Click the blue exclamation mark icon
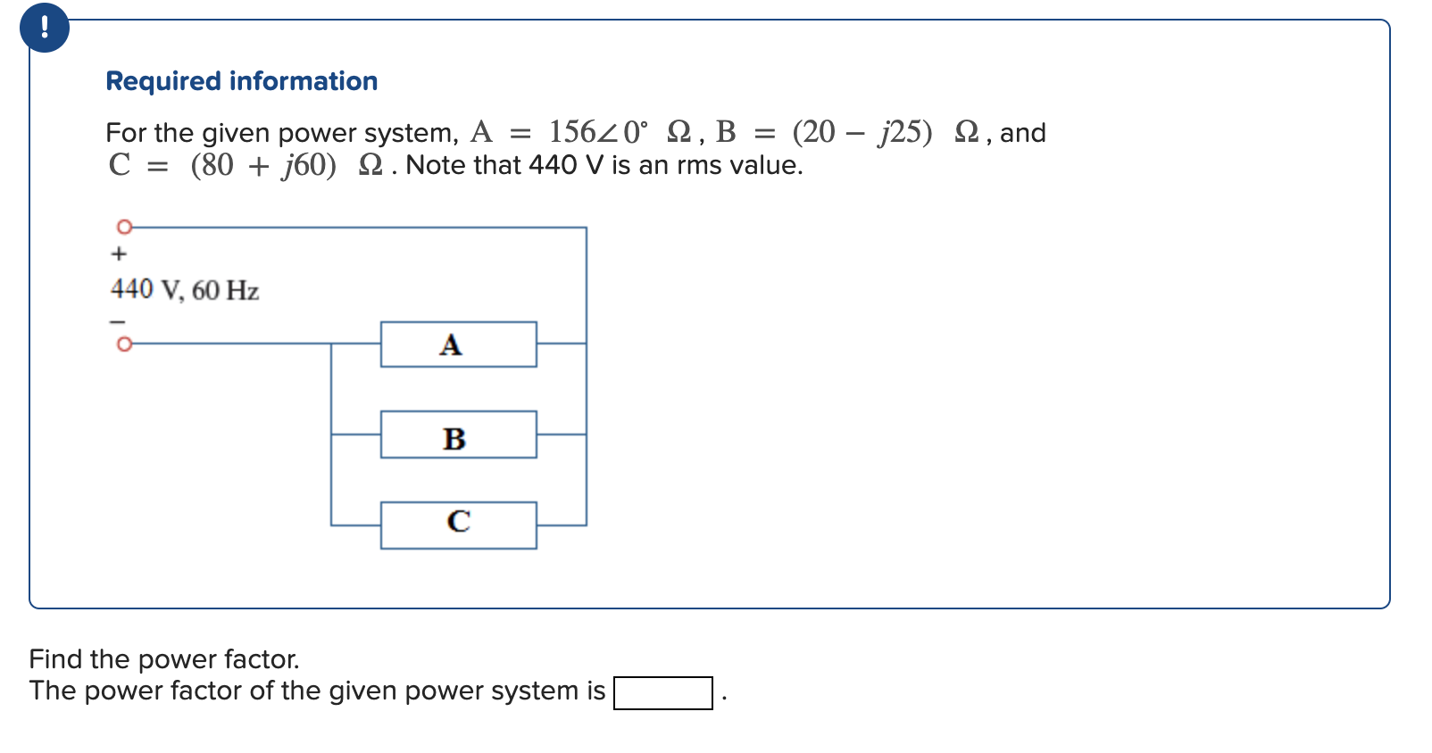[44, 28]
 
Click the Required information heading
[241, 81]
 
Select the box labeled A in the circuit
[458, 344]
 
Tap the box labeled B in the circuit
[458, 435]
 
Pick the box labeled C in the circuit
[458, 525]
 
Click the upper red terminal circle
[125, 227]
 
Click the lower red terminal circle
[125, 343]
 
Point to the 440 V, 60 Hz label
[185, 290]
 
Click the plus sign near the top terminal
[119, 254]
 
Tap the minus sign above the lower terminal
[118, 321]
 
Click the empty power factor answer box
[662, 693]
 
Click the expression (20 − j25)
[862, 132]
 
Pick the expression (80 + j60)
[263, 165]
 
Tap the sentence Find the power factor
[164, 659]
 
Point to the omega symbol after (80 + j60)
[370, 165]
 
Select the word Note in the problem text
[436, 165]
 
